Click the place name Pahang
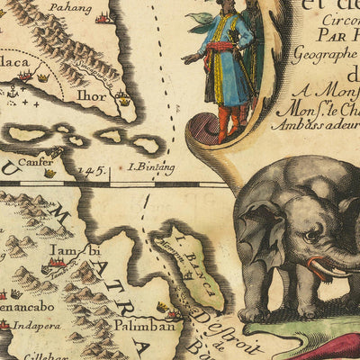tap(73, 8)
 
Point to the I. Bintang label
tap(151, 167)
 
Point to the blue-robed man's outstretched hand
tap(186, 58)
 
